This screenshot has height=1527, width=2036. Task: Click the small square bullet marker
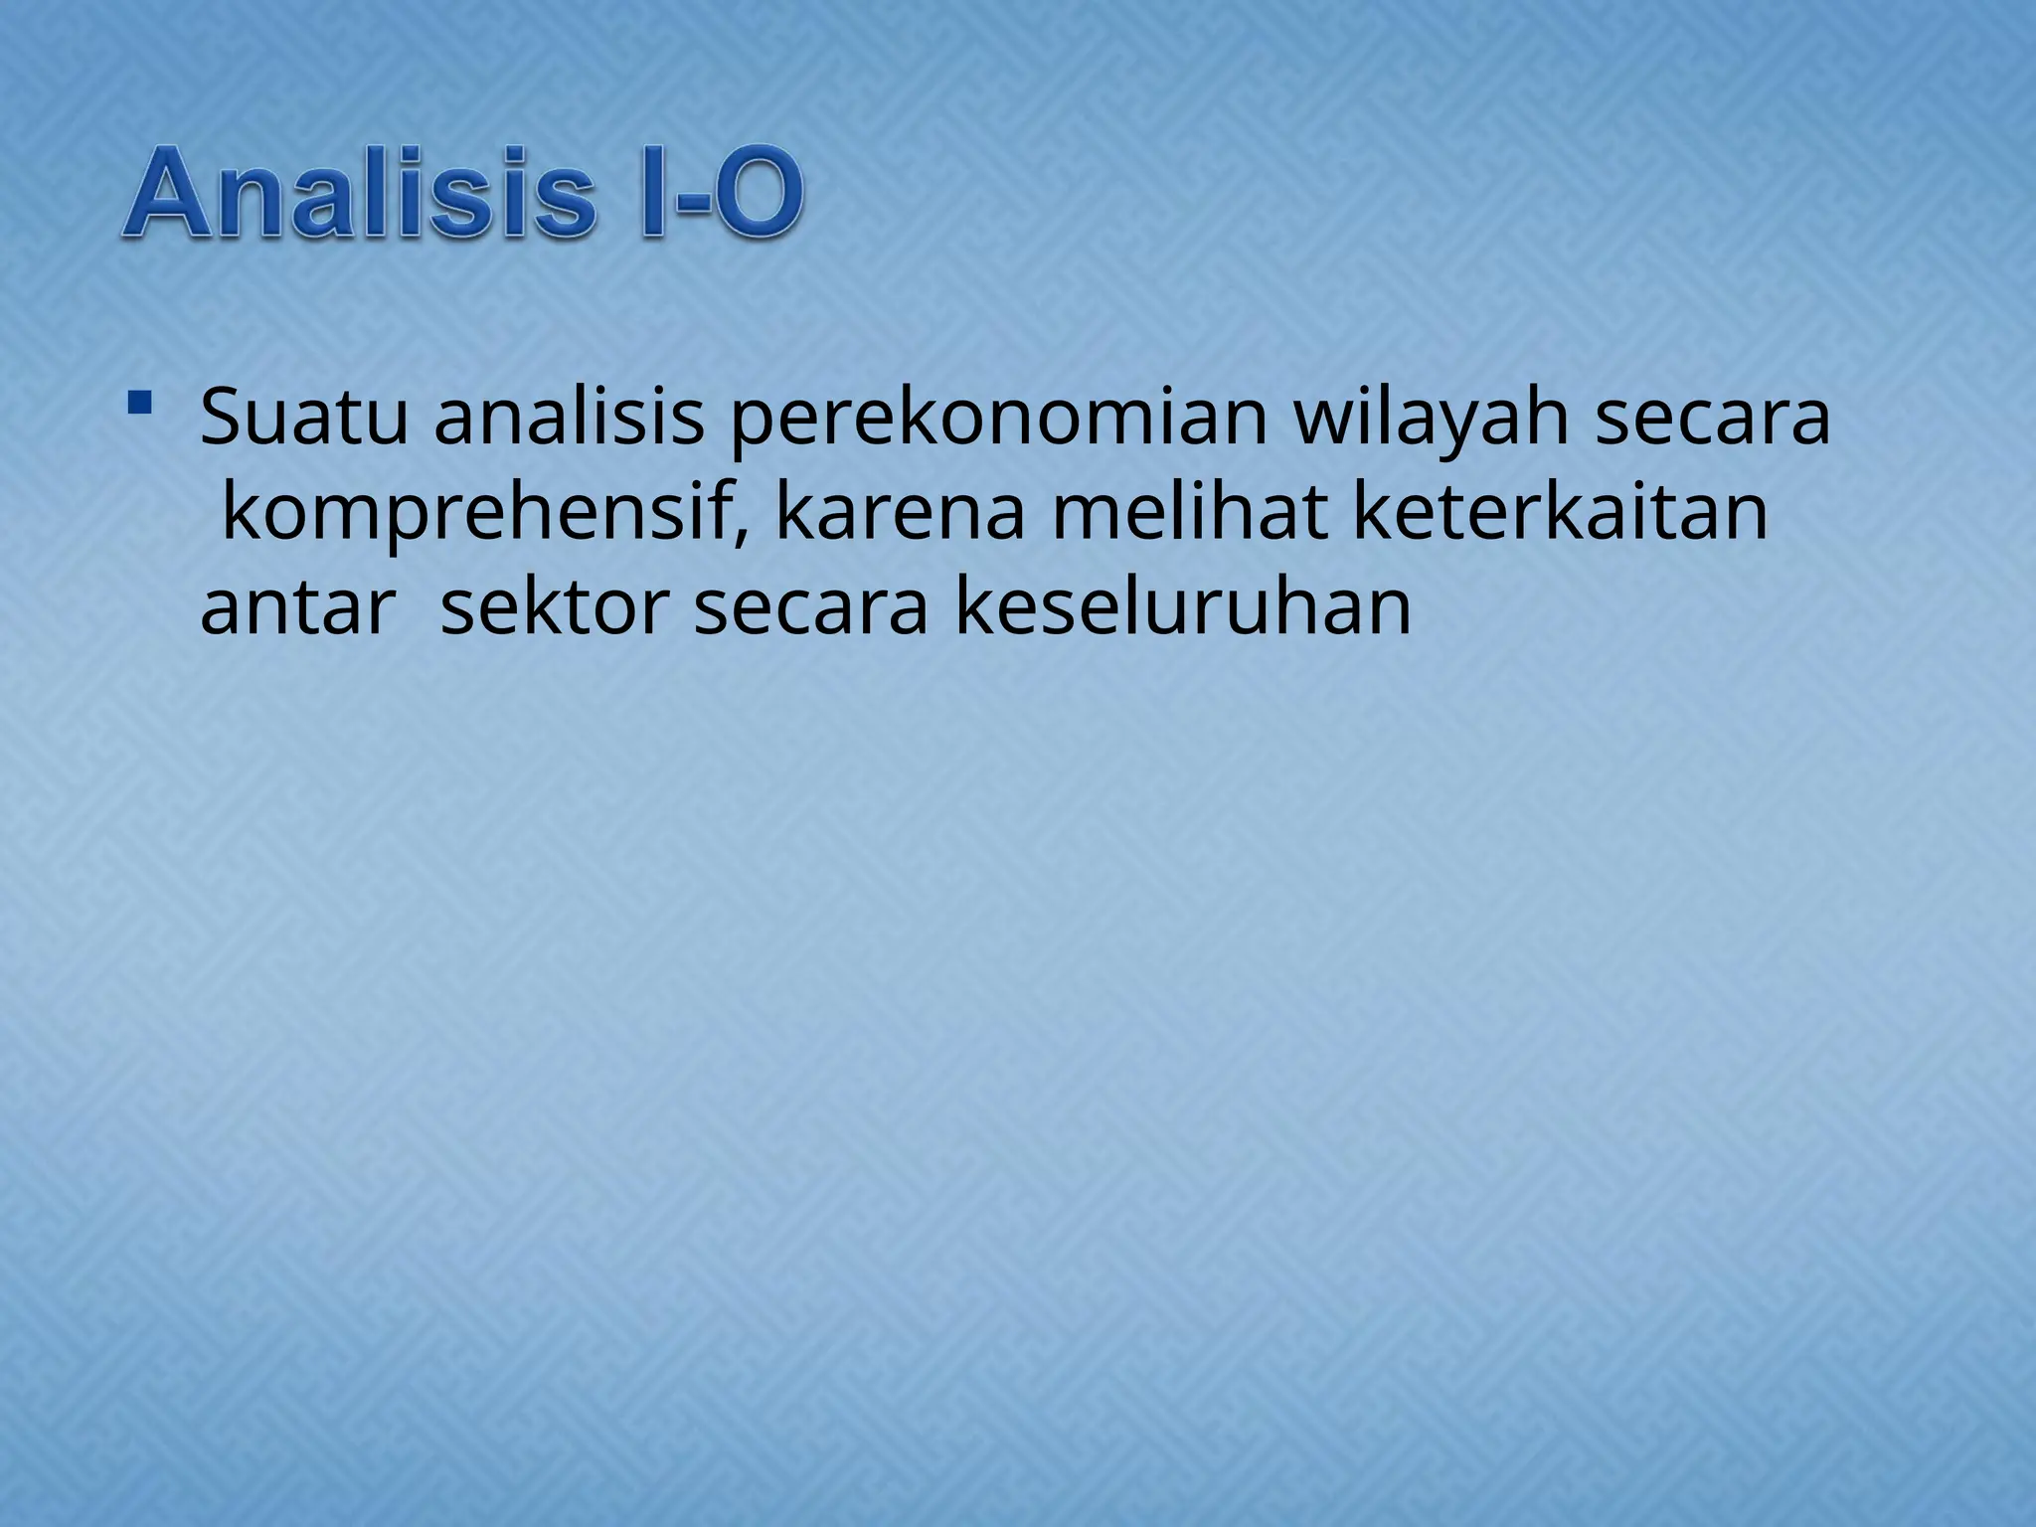[x=139, y=403]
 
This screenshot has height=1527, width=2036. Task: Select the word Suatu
[x=304, y=418]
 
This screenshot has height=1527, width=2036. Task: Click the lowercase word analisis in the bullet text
[x=569, y=418]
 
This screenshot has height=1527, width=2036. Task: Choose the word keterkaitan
[x=1561, y=513]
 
